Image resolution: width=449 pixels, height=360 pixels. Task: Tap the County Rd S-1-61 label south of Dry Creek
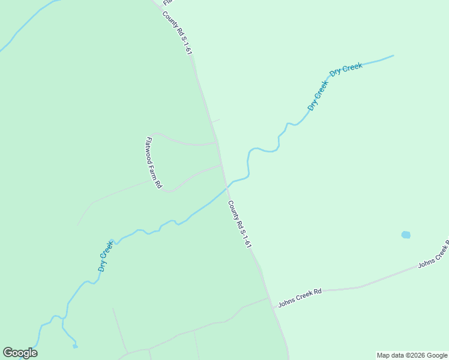(x=239, y=224)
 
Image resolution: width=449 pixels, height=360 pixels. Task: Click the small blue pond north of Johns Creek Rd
(x=406, y=235)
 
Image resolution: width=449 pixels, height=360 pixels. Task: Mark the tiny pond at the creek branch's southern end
(x=75, y=346)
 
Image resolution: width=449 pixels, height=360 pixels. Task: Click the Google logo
(x=20, y=353)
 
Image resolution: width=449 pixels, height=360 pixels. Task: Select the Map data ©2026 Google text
(x=412, y=355)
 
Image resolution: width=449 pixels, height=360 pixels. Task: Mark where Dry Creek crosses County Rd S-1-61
(x=227, y=188)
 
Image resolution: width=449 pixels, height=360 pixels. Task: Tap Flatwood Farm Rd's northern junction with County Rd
(x=216, y=142)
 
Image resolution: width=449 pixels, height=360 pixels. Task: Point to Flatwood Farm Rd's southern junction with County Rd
(x=221, y=165)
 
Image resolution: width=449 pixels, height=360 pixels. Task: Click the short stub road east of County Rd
(x=216, y=121)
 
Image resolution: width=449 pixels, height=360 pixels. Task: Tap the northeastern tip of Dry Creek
(x=393, y=56)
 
